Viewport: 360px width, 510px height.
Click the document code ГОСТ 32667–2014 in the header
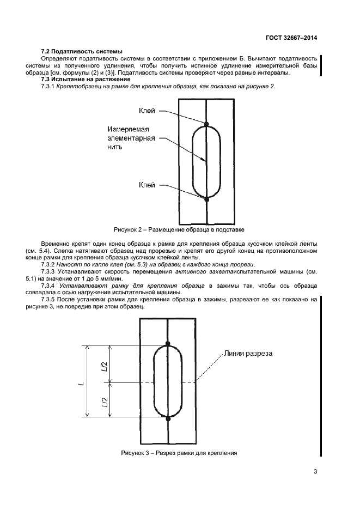coord(291,38)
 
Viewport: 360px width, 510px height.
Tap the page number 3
coord(315,472)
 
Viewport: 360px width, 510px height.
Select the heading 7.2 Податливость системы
coord(82,52)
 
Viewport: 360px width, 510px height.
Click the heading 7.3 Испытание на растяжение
coord(86,80)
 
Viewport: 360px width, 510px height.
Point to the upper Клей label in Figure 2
coord(147,111)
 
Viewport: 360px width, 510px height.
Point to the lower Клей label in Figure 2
coord(147,185)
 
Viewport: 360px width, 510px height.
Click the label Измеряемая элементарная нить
coord(131,138)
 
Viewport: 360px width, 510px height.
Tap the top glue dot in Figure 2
coord(206,124)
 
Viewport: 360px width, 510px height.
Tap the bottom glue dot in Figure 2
coord(206,199)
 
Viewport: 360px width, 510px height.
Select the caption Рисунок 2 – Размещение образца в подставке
coord(179,229)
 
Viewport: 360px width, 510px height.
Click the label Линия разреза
coord(248,354)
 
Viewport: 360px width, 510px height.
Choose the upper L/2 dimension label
coord(105,366)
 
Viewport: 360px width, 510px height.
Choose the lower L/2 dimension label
coord(105,402)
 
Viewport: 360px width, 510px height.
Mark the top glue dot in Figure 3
coord(168,343)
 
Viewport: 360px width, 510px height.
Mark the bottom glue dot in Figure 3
coord(168,418)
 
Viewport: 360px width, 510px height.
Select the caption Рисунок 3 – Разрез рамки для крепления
coord(179,453)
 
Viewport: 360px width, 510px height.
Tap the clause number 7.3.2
coord(48,264)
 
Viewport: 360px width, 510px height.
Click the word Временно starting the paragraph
coord(55,244)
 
